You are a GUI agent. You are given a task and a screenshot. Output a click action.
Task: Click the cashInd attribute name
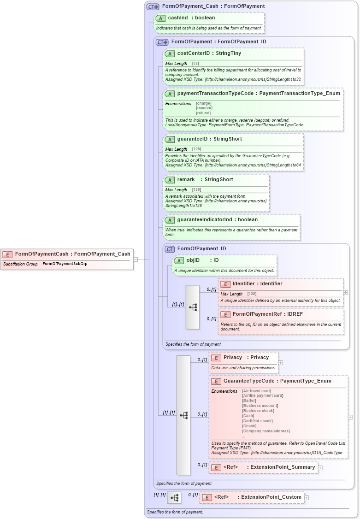[x=178, y=18]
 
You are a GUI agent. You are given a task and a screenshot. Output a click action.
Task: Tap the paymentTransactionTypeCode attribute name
[x=215, y=93]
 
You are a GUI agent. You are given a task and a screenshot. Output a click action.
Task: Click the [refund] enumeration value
[x=203, y=113]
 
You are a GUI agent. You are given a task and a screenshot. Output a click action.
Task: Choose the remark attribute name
[x=186, y=179]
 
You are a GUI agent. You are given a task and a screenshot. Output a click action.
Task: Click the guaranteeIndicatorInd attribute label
[x=205, y=219]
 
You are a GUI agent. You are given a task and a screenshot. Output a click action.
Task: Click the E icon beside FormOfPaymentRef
[x=225, y=314]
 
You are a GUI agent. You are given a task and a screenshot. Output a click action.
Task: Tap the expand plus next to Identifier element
[x=345, y=292]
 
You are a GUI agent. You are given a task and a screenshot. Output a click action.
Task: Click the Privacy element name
[x=233, y=357]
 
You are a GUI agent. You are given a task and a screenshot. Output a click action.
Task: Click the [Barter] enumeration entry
[x=249, y=401]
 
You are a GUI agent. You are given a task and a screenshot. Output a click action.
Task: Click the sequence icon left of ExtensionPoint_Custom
[x=174, y=498]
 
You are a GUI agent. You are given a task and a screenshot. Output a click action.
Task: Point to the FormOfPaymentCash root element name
[x=41, y=254]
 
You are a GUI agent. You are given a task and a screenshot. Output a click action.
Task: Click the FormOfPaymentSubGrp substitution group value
[x=65, y=264]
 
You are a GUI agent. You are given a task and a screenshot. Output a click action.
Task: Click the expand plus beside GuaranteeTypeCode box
[x=350, y=417]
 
